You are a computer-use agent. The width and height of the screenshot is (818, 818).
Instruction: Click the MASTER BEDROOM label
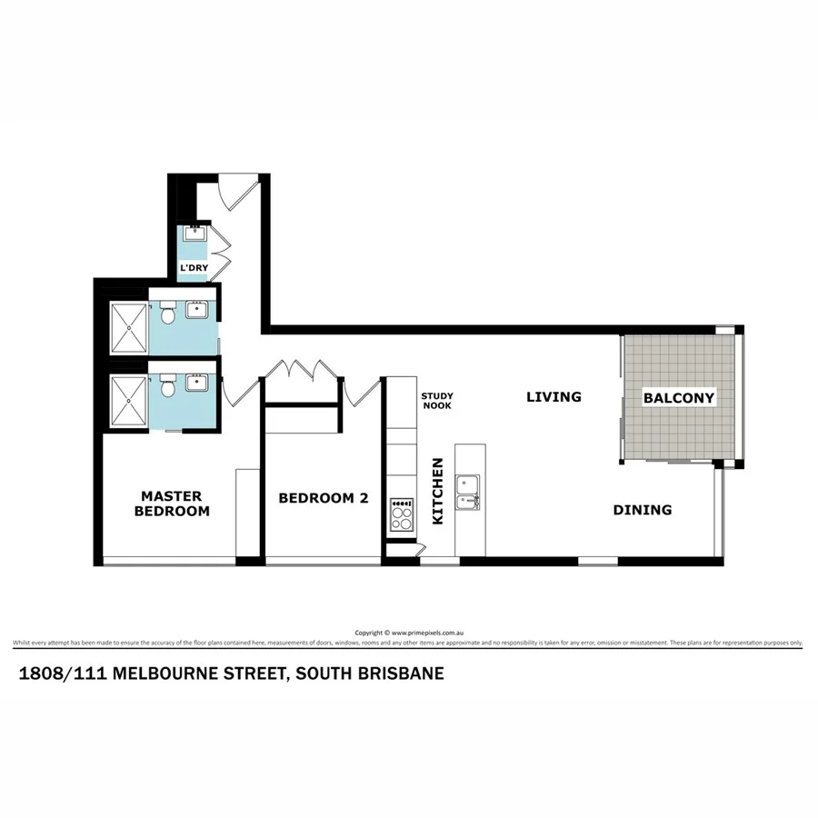click(x=172, y=504)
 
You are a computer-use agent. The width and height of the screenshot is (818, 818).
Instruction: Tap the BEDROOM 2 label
click(x=324, y=498)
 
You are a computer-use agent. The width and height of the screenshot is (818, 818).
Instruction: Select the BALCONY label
click(x=678, y=397)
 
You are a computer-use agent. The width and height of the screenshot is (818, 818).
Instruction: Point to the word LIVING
click(x=554, y=396)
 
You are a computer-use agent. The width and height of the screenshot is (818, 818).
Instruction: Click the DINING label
click(x=642, y=510)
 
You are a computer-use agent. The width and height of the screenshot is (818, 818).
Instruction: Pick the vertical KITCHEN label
click(x=437, y=491)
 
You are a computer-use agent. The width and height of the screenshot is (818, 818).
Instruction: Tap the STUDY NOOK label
click(x=436, y=400)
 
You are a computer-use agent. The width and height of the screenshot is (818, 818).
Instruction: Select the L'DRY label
click(x=194, y=268)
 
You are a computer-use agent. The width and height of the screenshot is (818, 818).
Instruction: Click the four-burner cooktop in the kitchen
click(x=401, y=515)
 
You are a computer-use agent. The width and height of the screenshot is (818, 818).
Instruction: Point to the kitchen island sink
click(x=470, y=491)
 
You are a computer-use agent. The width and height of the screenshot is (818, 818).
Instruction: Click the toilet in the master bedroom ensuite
click(x=167, y=389)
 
